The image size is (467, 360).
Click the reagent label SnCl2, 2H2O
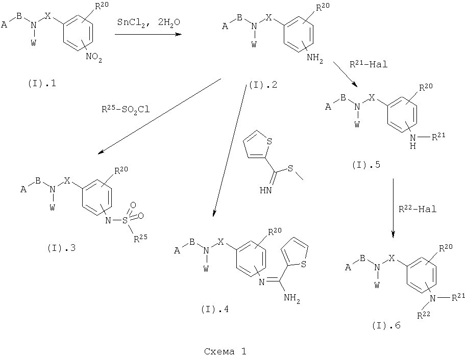click(149, 22)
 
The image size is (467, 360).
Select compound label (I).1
click(42, 84)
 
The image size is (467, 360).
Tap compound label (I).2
click(263, 85)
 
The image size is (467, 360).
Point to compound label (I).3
click(61, 248)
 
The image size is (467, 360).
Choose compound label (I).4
click(215, 310)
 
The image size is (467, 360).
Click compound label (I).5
click(366, 165)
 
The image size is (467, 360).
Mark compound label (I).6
click(386, 325)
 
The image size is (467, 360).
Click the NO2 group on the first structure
click(94, 57)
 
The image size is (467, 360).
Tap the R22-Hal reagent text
click(417, 209)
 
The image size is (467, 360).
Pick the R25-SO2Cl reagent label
click(126, 110)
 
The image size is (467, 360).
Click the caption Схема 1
click(225, 352)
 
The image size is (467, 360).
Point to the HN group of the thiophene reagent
click(266, 190)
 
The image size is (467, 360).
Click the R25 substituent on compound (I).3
click(140, 238)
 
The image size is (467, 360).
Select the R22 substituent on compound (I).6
click(424, 315)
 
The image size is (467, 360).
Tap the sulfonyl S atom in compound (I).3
click(125, 220)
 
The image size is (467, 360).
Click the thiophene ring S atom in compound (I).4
click(304, 264)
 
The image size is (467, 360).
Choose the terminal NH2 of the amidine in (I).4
click(292, 298)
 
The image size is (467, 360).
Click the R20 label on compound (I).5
click(426, 87)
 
